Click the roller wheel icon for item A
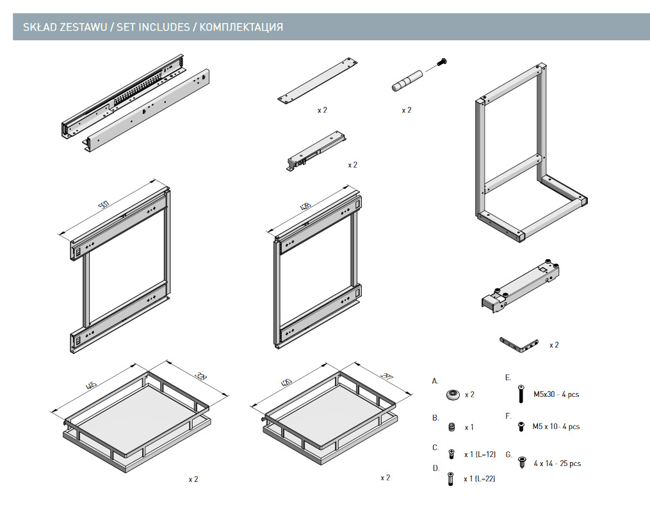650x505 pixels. [453, 394]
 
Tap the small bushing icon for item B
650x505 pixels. [452, 427]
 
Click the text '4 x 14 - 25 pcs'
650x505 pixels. [557, 463]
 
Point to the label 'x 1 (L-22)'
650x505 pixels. [480, 479]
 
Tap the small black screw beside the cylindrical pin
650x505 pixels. [441, 62]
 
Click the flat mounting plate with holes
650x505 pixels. [317, 80]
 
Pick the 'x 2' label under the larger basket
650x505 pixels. [193, 479]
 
